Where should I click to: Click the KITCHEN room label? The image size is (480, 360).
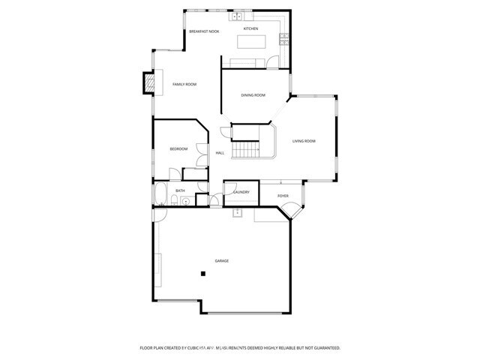[x=250, y=28]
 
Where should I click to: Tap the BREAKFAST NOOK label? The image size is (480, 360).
[x=203, y=31]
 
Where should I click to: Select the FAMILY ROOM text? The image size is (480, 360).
[x=184, y=84]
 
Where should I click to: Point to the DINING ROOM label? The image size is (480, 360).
[x=253, y=95]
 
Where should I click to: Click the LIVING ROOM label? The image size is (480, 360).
[x=304, y=141]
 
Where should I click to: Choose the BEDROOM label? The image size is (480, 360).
[x=178, y=149]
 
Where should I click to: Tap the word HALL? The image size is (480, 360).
[x=220, y=153]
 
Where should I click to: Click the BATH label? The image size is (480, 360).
[x=180, y=190]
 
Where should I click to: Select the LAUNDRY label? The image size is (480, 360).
[x=241, y=192]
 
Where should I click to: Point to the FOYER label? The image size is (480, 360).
[x=283, y=196]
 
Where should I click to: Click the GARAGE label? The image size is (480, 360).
[x=221, y=260]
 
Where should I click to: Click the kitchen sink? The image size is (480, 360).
[x=236, y=16]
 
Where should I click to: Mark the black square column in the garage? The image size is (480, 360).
[x=202, y=274]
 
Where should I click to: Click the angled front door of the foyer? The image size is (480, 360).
[x=297, y=213]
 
